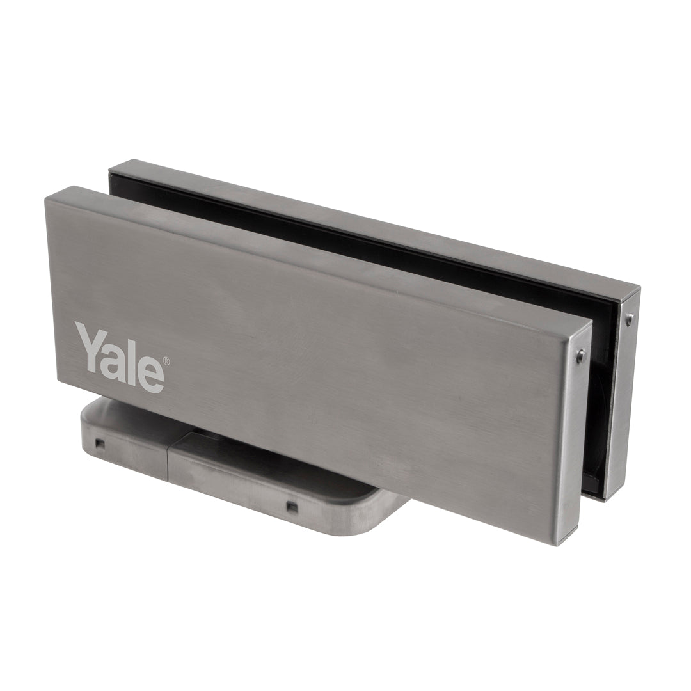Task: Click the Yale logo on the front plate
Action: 121,357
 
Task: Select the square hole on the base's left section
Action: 101,443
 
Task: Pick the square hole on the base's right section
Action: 290,506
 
